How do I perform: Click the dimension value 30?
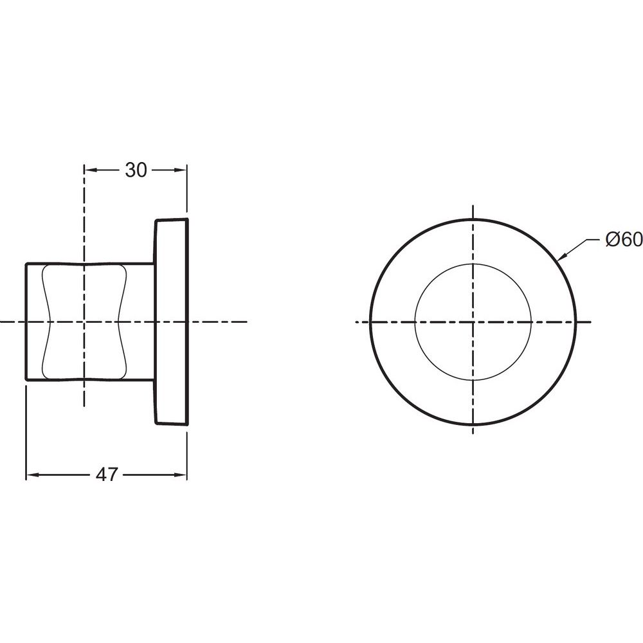click(x=136, y=170)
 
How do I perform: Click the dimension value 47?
click(x=107, y=475)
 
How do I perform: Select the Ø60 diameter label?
click(x=624, y=239)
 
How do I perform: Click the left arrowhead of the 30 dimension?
click(x=91, y=170)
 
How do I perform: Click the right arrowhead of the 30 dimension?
click(x=181, y=170)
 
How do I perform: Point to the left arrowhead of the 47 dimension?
click(x=32, y=475)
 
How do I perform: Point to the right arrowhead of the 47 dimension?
click(x=181, y=475)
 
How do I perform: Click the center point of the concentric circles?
click(x=473, y=322)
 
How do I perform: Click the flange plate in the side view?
click(x=171, y=321)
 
